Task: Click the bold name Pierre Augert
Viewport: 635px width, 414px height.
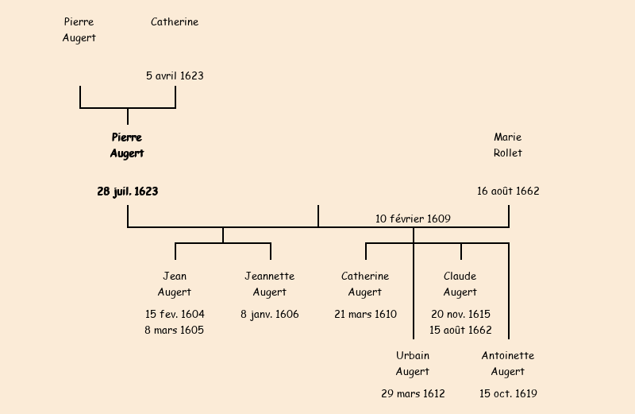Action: [127, 145]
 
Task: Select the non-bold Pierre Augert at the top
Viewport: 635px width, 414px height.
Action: [79, 30]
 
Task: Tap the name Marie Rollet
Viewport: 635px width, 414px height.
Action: [508, 145]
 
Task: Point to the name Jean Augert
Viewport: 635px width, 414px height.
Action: [175, 284]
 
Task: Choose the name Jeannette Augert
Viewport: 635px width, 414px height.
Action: [270, 284]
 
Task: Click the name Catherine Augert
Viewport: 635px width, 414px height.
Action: [365, 284]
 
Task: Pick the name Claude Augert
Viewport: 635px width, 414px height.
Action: [460, 284]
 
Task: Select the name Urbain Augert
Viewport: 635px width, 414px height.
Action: [413, 364]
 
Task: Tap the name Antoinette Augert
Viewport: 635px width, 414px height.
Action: [508, 364]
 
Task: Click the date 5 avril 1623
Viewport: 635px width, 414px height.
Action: [175, 76]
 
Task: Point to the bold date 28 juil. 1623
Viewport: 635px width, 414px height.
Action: [127, 192]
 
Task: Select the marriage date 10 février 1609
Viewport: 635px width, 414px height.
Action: [413, 219]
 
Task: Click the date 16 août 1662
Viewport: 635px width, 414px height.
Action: [508, 192]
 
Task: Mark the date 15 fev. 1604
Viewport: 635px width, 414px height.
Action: [175, 315]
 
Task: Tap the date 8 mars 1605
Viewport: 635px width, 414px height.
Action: [175, 331]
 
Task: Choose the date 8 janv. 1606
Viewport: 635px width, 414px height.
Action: [270, 315]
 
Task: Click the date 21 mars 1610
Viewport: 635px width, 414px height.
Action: [365, 315]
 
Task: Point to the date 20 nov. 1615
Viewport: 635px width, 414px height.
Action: [460, 315]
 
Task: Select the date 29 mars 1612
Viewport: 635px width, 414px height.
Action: [413, 394]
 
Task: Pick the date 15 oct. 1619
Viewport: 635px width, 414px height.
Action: [508, 394]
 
